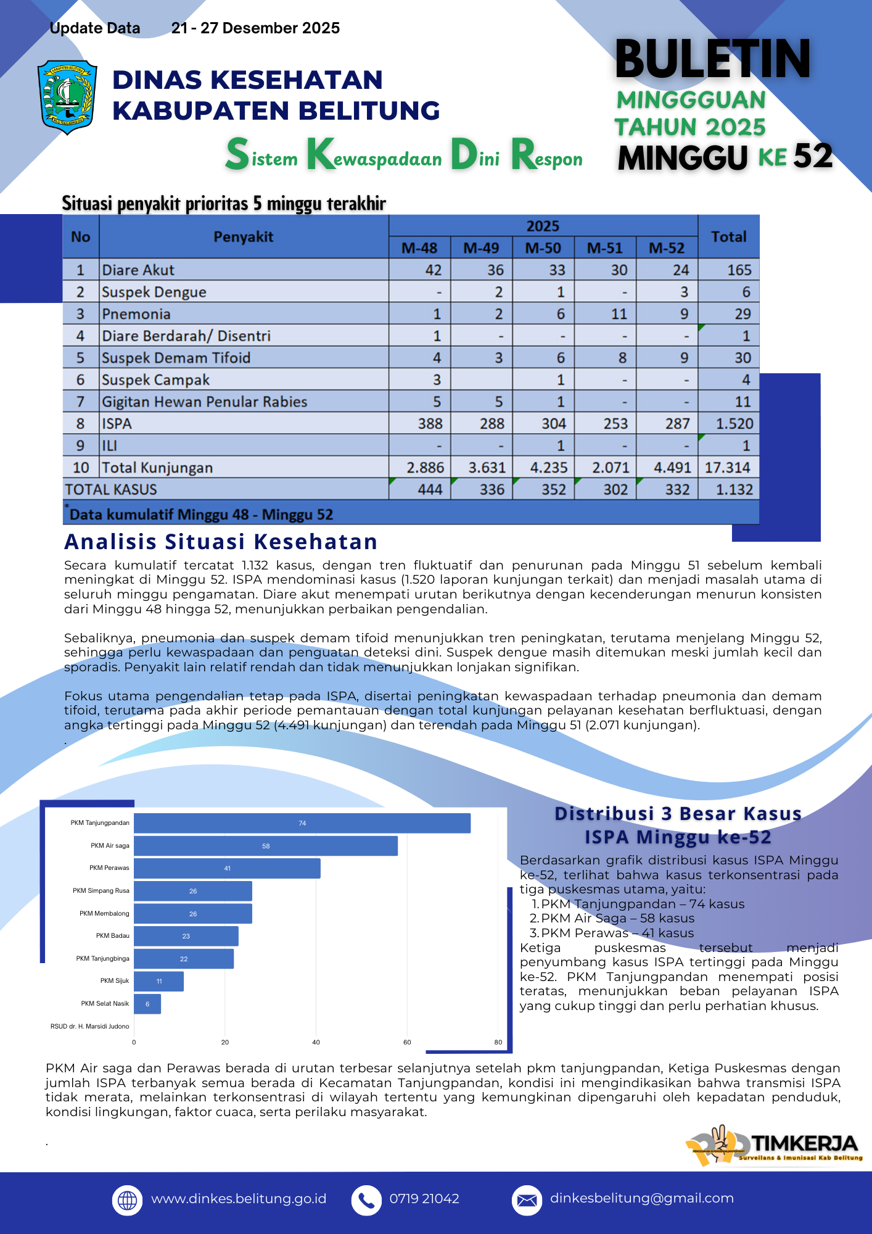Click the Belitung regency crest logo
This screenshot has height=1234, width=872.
pyautogui.click(x=67, y=97)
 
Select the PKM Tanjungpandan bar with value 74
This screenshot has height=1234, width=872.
pyautogui.click(x=302, y=823)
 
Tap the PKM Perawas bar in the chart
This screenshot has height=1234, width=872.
pyautogui.click(x=227, y=868)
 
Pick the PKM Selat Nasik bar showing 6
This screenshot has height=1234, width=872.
pyautogui.click(x=147, y=1004)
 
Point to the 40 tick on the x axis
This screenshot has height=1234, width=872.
pyautogui.click(x=316, y=1042)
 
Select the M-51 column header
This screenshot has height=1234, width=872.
pyautogui.click(x=605, y=248)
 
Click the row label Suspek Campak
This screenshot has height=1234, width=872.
pyautogui.click(x=155, y=380)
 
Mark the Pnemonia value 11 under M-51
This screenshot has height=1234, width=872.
pyautogui.click(x=619, y=314)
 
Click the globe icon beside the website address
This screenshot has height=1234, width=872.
pyautogui.click(x=127, y=1200)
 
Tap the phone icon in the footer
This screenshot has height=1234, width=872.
pyautogui.click(x=366, y=1200)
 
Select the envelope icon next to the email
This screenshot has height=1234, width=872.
pyautogui.click(x=527, y=1200)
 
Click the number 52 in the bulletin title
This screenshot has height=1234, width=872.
pyautogui.click(x=812, y=157)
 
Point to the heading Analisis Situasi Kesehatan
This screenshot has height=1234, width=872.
pyautogui.click(x=221, y=542)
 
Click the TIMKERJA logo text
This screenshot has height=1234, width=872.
pyautogui.click(x=804, y=1144)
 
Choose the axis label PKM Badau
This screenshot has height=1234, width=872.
pyautogui.click(x=112, y=936)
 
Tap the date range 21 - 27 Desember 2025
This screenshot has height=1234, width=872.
pyautogui.click(x=255, y=28)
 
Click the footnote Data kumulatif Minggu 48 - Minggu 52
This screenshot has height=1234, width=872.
pyautogui.click(x=201, y=515)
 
